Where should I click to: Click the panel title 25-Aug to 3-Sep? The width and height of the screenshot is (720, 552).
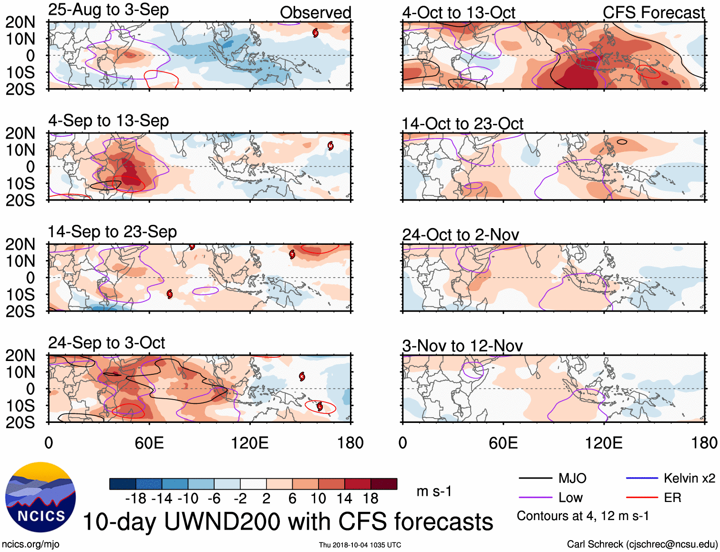coord(108,10)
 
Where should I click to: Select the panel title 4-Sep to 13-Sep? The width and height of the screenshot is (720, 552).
coord(108,121)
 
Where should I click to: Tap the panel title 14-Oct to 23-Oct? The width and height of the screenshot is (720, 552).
coord(463,124)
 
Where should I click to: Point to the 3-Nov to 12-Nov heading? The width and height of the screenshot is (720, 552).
coord(463,346)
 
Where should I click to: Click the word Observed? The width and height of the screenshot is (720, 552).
coord(315,13)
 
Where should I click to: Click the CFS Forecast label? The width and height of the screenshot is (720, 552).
coord(653,13)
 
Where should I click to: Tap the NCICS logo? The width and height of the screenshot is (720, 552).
coord(41,497)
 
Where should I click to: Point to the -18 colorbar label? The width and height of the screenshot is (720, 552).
coord(135,499)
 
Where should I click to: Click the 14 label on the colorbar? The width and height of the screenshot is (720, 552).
coord(344,499)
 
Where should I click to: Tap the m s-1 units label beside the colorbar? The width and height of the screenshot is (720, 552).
coord(434,492)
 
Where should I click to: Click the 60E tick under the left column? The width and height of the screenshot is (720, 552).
coord(149,443)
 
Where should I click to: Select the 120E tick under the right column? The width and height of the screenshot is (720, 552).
coord(604,443)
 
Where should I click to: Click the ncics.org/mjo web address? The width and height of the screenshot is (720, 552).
coord(31,544)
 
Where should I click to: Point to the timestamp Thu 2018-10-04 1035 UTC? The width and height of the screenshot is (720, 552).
coord(360,545)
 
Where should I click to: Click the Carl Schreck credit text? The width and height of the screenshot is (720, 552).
coord(642,544)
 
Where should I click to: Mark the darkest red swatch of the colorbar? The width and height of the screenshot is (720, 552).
coord(384,484)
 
